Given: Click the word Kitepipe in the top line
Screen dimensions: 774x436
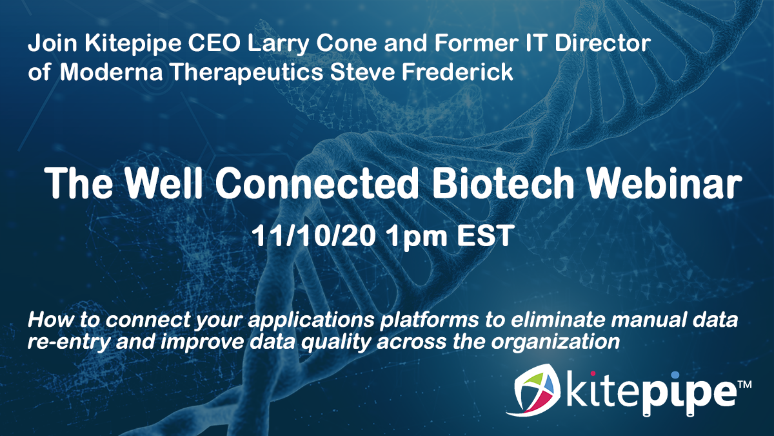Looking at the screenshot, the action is [133, 44].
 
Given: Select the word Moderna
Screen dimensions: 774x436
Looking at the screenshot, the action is [111, 72].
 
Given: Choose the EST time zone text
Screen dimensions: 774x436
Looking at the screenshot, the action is [484, 235].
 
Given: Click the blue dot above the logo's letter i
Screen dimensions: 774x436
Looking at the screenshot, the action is [675, 375].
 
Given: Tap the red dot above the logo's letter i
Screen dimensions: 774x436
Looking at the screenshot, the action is [593, 374].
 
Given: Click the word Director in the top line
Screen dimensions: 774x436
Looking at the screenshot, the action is [602, 44].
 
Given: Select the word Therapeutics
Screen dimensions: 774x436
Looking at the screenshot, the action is [248, 72].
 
